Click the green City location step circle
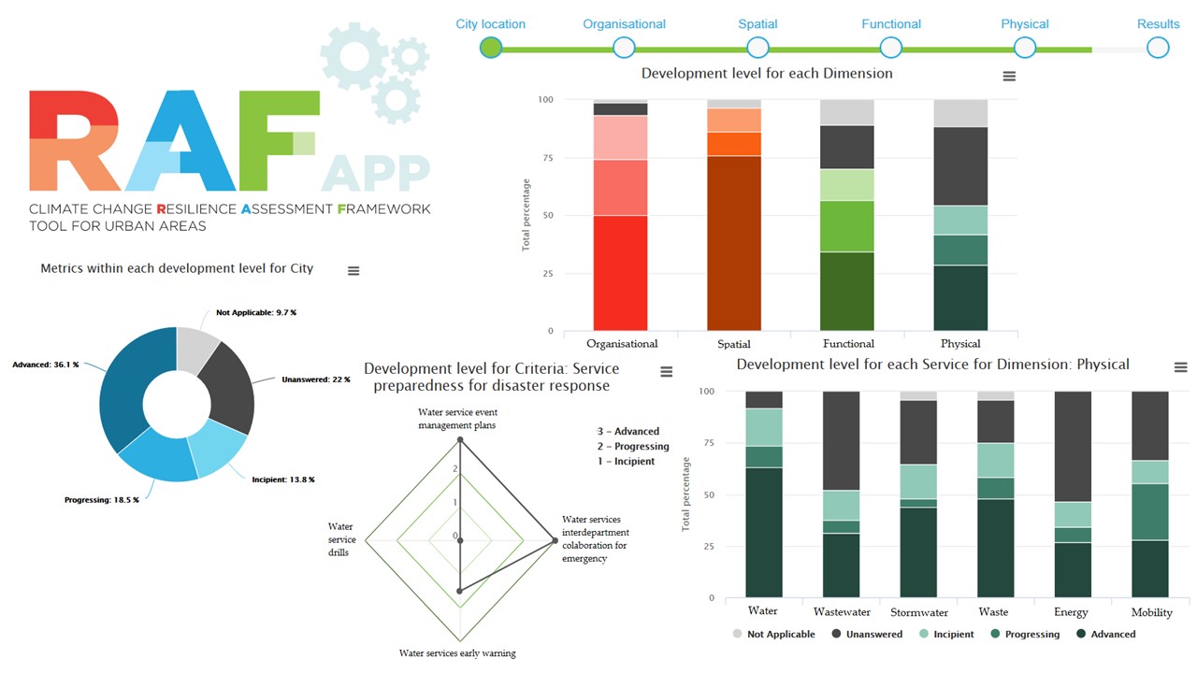(x=491, y=47)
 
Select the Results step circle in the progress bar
(x=1158, y=47)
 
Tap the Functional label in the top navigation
(x=891, y=24)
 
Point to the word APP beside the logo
(x=376, y=174)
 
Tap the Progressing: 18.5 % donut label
(x=101, y=500)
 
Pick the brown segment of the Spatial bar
(x=734, y=243)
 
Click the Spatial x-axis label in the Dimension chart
(x=734, y=344)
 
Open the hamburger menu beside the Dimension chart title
(x=1009, y=77)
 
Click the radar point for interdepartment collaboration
(x=555, y=540)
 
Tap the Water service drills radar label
(x=341, y=540)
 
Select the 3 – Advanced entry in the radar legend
(x=628, y=432)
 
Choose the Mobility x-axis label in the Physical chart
(x=1151, y=613)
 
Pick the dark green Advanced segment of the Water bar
(x=763, y=533)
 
